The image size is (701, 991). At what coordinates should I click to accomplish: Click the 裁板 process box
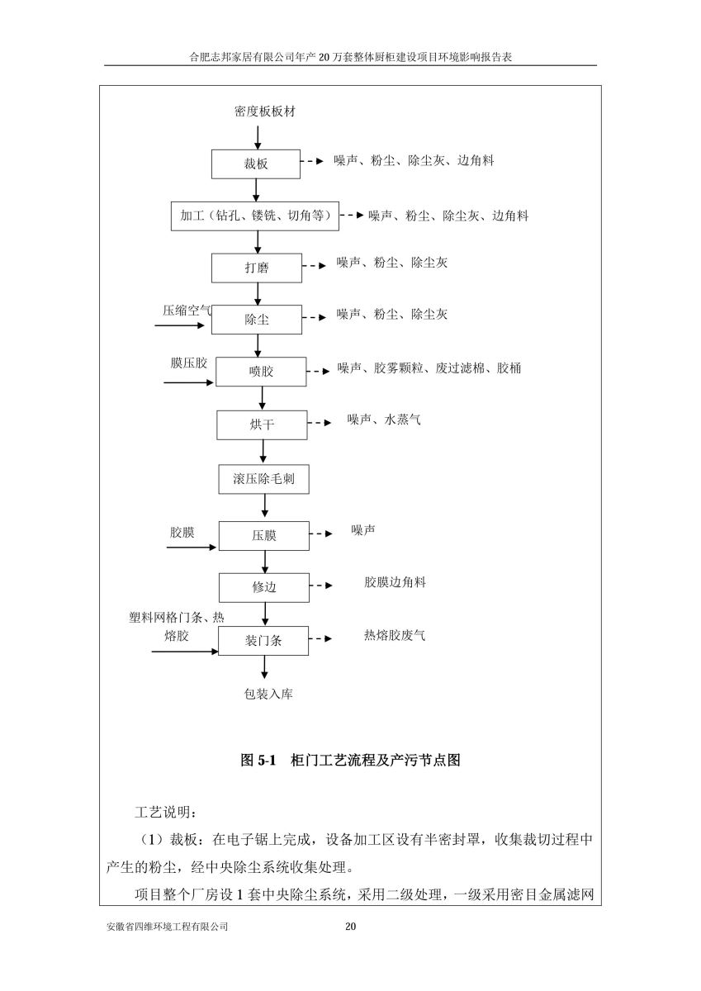(x=256, y=164)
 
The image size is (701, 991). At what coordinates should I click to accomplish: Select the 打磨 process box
(x=257, y=268)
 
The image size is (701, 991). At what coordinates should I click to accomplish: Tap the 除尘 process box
(x=257, y=320)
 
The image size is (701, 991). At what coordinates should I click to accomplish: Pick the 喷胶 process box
(x=261, y=372)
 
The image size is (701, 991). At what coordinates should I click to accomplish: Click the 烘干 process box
(x=262, y=425)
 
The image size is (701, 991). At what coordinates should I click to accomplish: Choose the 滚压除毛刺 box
(x=263, y=479)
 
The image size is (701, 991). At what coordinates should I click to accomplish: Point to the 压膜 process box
(x=264, y=536)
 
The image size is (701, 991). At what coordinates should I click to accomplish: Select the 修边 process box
(x=264, y=587)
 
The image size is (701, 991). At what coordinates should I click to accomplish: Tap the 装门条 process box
(x=263, y=641)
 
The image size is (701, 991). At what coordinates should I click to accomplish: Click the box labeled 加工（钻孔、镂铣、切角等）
(x=255, y=216)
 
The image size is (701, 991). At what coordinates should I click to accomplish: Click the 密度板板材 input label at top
(x=264, y=111)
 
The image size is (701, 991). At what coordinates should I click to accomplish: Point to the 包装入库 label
(x=268, y=694)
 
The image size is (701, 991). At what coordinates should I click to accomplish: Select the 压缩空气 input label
(x=187, y=311)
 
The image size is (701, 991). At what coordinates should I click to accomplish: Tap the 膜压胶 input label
(x=189, y=363)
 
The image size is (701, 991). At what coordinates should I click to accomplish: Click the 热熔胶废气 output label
(x=395, y=635)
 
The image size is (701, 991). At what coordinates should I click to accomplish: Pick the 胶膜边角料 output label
(x=395, y=582)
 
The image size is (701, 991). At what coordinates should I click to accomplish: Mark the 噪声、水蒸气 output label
(x=384, y=419)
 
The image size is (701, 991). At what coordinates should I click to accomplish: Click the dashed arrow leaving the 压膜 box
(x=320, y=533)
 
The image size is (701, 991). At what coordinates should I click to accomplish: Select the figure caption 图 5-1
(x=258, y=760)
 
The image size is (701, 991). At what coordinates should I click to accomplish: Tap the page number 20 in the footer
(x=350, y=926)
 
